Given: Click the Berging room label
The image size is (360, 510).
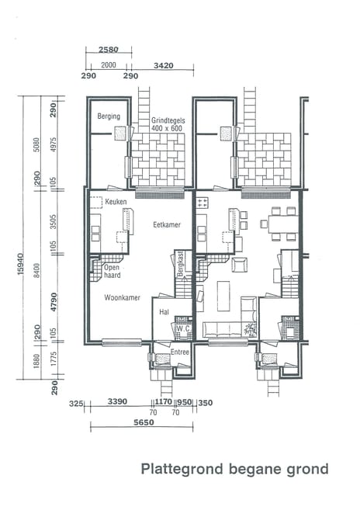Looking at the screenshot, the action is coord(109,116).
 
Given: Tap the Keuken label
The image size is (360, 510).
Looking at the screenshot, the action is coord(116,202).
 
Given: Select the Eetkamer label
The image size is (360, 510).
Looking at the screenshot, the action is coord(167,224).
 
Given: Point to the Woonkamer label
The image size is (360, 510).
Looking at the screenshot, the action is coord(122,297).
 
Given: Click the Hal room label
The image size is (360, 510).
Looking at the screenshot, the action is coord(164,312).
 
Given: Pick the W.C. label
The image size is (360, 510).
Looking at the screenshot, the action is coord(183,328).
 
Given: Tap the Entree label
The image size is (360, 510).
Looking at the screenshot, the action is coord(179,352).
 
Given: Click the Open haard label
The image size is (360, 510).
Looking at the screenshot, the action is coord(112,271).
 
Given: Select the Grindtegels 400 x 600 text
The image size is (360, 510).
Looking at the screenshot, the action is coord(168,124).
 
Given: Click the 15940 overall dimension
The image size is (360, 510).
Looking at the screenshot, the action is coord(20,264).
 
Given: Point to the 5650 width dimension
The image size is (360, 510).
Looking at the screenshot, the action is coord(144,422).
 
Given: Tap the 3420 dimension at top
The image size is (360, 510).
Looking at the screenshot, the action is coord(163,65).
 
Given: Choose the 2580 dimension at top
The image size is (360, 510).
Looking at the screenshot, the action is coord(109,50).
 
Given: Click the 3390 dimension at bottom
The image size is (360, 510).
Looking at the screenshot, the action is coord(117,401).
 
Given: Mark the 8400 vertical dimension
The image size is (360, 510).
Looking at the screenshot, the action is coord(36,270).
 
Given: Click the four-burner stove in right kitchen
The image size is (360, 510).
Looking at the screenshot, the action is coord(202,203).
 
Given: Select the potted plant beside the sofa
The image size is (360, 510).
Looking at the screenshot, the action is coord(250,329).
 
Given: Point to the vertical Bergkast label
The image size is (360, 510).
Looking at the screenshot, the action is coord(181,264).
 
